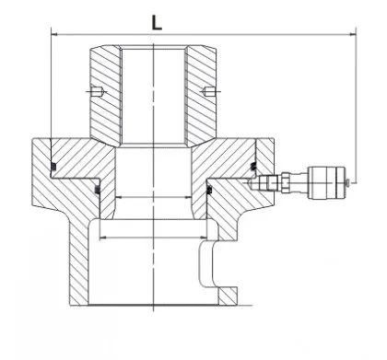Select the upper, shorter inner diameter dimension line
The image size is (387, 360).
155,199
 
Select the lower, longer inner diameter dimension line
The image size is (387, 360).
155,238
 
